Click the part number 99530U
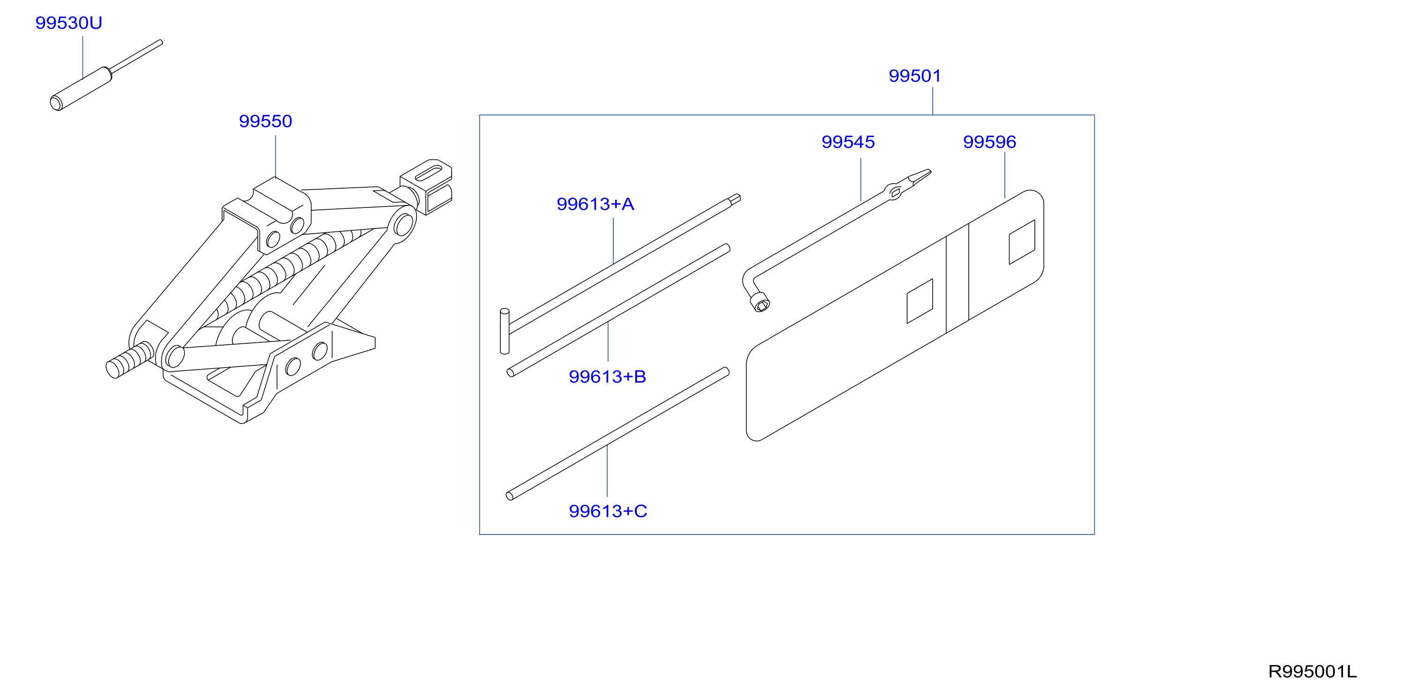[68, 23]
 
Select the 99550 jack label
[266, 121]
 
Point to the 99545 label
[848, 142]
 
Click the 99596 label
[989, 142]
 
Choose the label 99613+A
[595, 204]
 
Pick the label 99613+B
[608, 377]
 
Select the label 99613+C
[608, 511]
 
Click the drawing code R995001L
[1313, 672]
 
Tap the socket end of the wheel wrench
[760, 303]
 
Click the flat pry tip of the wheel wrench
[920, 177]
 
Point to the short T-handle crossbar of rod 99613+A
[505, 332]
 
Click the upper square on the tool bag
[1022, 242]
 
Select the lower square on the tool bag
[920, 301]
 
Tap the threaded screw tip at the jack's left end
[130, 360]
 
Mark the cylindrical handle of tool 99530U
[81, 89]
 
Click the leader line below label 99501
[933, 101]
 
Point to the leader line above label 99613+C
[607, 471]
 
